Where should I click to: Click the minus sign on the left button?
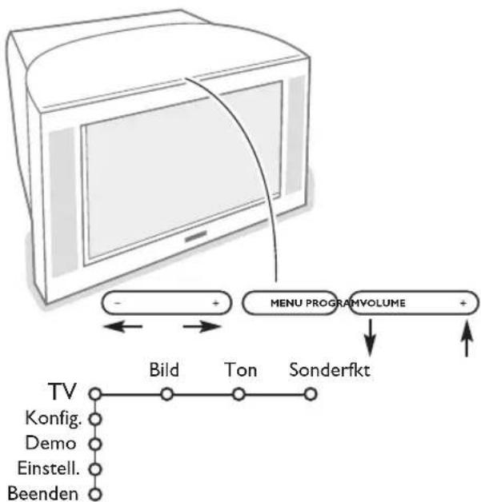[118, 305]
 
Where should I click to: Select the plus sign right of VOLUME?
[463, 305]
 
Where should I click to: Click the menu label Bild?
[165, 371]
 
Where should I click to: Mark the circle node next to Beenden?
[96, 492]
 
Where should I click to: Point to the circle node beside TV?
[96, 394]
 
